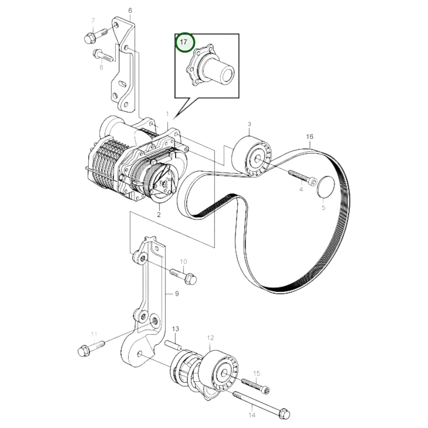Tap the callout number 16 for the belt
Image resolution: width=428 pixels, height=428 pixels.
point(309,137)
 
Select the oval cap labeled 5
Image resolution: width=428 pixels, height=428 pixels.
point(326,187)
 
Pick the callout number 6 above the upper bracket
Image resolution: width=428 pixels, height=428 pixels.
point(130,11)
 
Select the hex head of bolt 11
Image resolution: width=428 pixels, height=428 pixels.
point(84,352)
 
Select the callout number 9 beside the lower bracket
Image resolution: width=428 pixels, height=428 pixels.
point(177,294)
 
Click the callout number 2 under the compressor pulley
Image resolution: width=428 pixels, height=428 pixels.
point(159,215)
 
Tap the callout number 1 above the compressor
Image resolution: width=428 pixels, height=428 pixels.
point(167,114)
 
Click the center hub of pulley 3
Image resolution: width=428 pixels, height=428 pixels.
point(257,159)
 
